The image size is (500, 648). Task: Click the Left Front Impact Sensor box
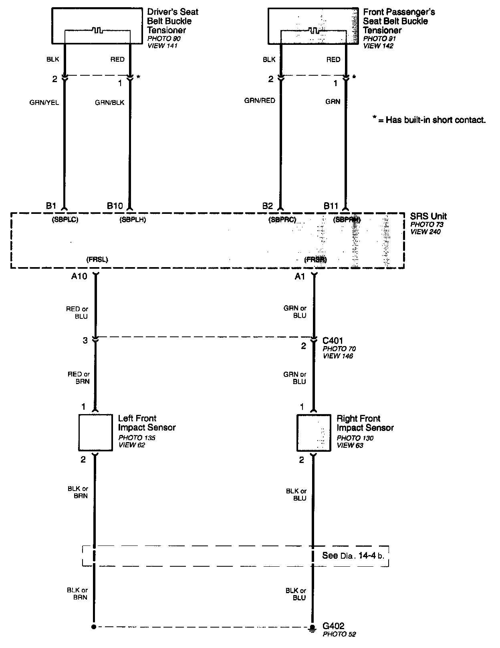(x=95, y=433)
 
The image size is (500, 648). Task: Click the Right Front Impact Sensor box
(x=313, y=433)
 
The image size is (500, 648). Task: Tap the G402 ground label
(x=333, y=626)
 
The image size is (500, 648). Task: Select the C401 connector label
(x=333, y=341)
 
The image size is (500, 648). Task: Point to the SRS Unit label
(x=428, y=217)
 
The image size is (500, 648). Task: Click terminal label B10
(x=115, y=206)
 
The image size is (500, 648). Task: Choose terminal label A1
(x=300, y=276)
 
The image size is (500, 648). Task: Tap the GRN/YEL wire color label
(x=44, y=103)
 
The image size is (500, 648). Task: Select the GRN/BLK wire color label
(x=109, y=103)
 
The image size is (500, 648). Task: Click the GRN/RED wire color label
(x=260, y=101)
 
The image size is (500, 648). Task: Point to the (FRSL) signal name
(x=97, y=260)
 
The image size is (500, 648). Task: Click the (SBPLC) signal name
(x=65, y=219)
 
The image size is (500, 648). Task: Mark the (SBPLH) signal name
(x=133, y=219)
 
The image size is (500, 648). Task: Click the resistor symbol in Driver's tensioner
(x=97, y=30)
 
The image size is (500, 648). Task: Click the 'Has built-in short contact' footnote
(x=429, y=120)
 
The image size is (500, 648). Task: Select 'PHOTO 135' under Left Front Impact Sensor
(x=137, y=438)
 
